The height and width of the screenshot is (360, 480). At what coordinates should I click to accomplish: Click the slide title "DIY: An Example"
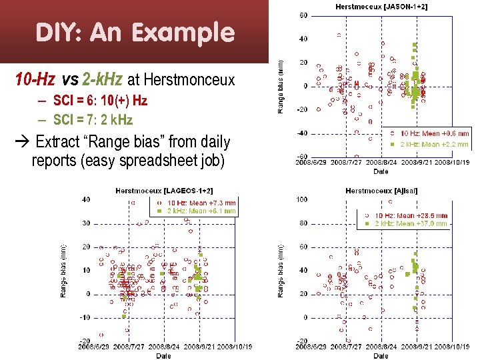point(135,32)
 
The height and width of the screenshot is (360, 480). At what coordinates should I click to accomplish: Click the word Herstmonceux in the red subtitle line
point(189,81)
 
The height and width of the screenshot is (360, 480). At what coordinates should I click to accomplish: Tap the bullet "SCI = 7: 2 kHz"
point(85,120)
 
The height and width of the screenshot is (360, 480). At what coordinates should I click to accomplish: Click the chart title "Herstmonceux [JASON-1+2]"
point(381,6)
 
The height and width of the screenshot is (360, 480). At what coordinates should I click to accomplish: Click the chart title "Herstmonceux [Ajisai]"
point(381,191)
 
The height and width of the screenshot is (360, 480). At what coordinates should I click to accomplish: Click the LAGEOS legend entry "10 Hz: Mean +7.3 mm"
point(201,203)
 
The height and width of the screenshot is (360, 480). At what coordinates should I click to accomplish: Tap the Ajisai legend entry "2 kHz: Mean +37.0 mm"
point(411,224)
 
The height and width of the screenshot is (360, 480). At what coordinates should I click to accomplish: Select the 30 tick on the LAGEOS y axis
point(86,223)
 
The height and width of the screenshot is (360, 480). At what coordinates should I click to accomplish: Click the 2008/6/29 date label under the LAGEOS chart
point(93,347)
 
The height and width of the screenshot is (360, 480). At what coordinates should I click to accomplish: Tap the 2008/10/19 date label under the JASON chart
point(453,162)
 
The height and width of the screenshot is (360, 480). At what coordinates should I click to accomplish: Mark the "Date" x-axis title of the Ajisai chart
point(381,356)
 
